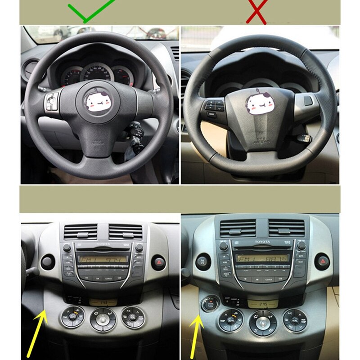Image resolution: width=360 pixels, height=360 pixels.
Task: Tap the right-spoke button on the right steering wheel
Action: pyautogui.click(x=308, y=100)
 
